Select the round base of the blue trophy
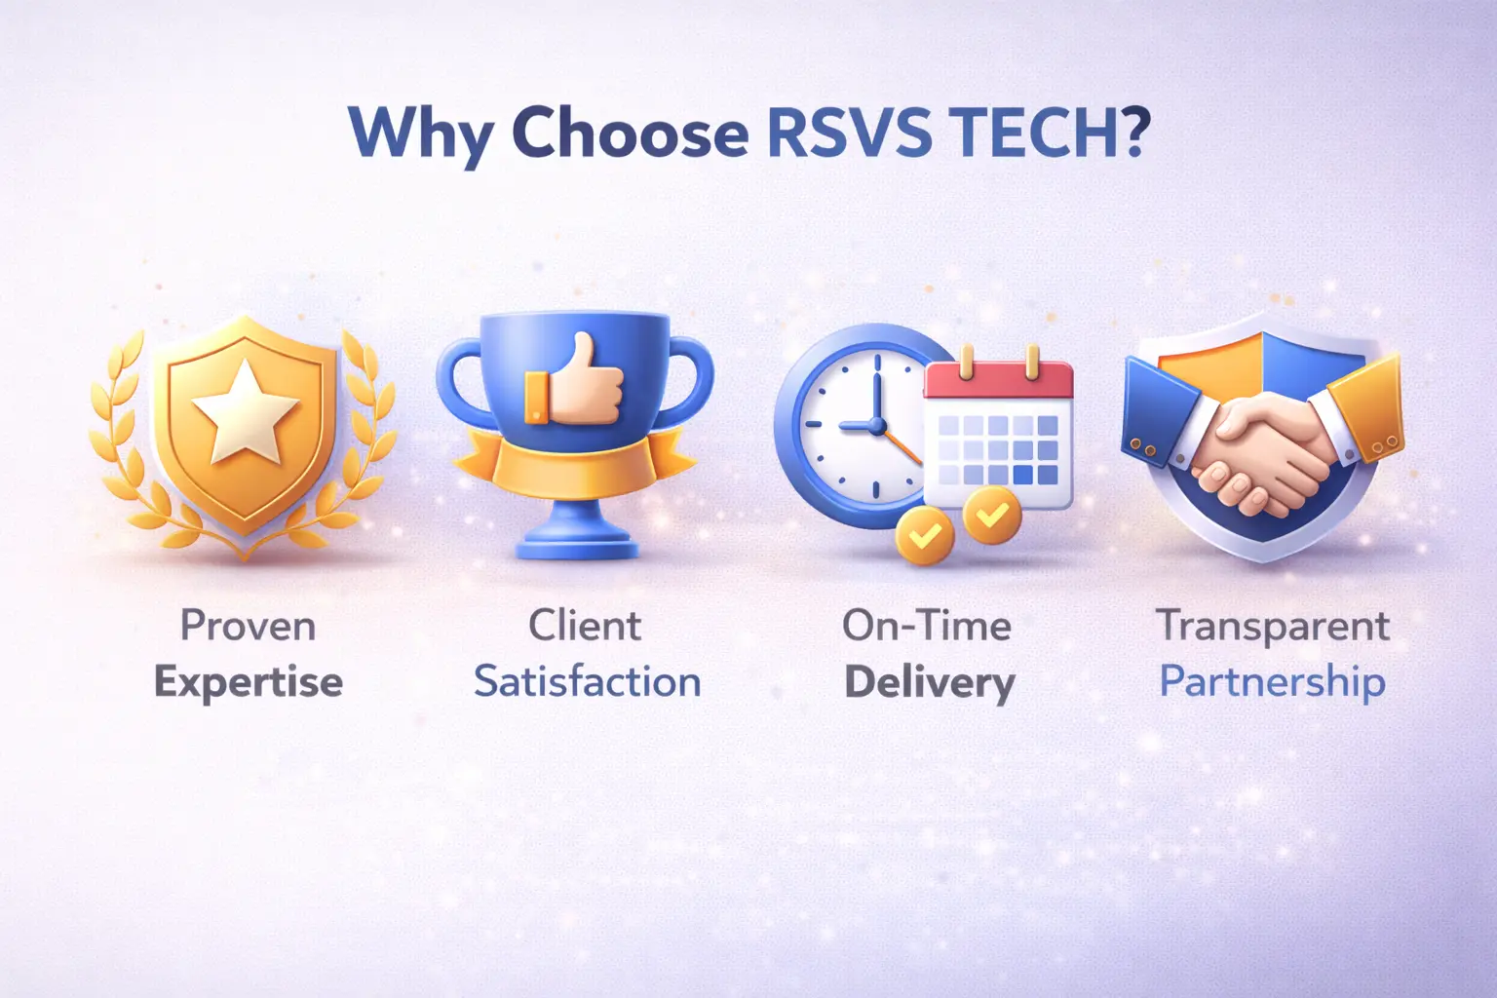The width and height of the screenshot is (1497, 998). click(x=575, y=542)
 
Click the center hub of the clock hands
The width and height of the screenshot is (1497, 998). click(x=876, y=426)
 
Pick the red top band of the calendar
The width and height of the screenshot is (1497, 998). click(x=998, y=381)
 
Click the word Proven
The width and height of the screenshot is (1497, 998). click(x=248, y=626)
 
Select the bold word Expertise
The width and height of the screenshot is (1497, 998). click(x=249, y=682)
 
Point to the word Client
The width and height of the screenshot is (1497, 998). click(x=585, y=626)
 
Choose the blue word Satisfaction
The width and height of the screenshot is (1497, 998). click(x=587, y=682)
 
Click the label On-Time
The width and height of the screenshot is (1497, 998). click(x=927, y=626)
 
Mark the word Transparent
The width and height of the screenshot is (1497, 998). click(x=1273, y=626)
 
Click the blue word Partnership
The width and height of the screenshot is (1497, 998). click(x=1272, y=682)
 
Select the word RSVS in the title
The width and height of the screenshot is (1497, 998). click(x=849, y=131)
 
